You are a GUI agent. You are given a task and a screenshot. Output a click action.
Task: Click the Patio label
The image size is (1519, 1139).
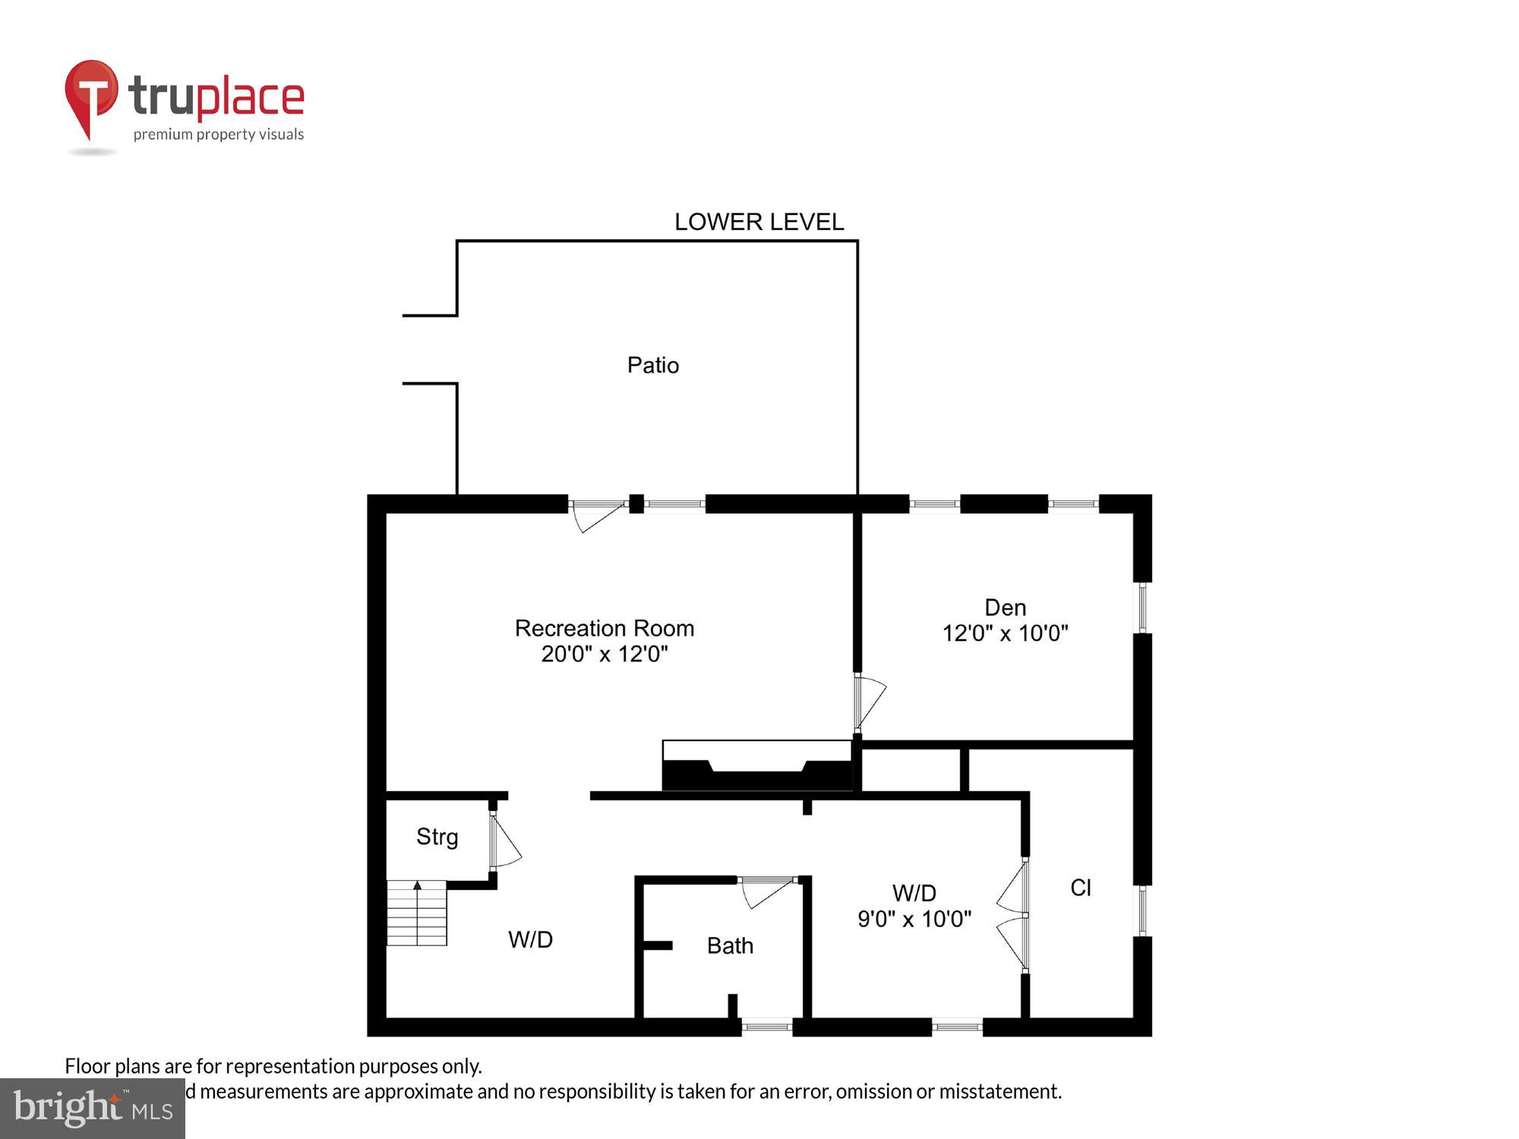[652, 365]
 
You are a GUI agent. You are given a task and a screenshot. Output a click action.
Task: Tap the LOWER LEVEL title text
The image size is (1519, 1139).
[759, 222]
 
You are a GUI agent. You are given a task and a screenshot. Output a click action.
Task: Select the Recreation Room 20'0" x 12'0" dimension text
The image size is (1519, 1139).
[604, 654]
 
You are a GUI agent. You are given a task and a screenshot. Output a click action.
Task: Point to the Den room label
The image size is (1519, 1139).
[1005, 607]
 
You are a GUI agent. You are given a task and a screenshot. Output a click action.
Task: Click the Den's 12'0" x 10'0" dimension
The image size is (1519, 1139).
[1005, 633]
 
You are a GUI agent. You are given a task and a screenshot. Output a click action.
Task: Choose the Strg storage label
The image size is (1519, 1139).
[437, 837]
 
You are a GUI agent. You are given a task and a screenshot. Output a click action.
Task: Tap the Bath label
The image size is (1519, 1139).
[730, 945]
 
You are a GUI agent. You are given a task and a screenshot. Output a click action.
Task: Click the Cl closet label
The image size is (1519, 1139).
[1080, 888]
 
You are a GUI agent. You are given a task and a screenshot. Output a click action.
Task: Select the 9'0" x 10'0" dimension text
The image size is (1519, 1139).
[914, 920]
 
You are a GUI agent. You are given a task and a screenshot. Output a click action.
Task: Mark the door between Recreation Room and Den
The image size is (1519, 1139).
[868, 701]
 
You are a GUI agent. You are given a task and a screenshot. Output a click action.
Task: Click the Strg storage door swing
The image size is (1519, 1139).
[504, 841]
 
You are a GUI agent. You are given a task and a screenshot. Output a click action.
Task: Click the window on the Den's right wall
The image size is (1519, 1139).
[1142, 607]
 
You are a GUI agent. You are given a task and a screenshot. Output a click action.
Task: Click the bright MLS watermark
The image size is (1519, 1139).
[93, 1109]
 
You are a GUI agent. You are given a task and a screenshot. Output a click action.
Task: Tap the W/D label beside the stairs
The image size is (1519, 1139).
[530, 940]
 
